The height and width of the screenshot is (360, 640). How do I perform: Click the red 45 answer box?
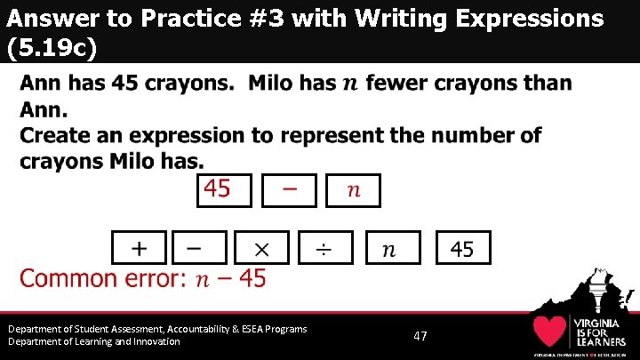point(224,190)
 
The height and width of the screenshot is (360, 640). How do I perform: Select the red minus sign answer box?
point(289,190)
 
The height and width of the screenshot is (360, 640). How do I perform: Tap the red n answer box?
point(353,190)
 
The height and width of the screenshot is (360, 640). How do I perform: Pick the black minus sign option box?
point(199,248)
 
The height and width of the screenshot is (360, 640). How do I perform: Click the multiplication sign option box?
point(260,248)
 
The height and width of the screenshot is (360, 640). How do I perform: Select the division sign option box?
point(325,248)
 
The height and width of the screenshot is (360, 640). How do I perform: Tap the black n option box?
point(388,248)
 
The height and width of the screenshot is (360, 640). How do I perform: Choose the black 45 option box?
point(462,248)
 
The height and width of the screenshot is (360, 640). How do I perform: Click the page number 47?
point(420,336)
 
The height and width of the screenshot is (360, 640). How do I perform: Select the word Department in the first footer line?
point(37,329)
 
